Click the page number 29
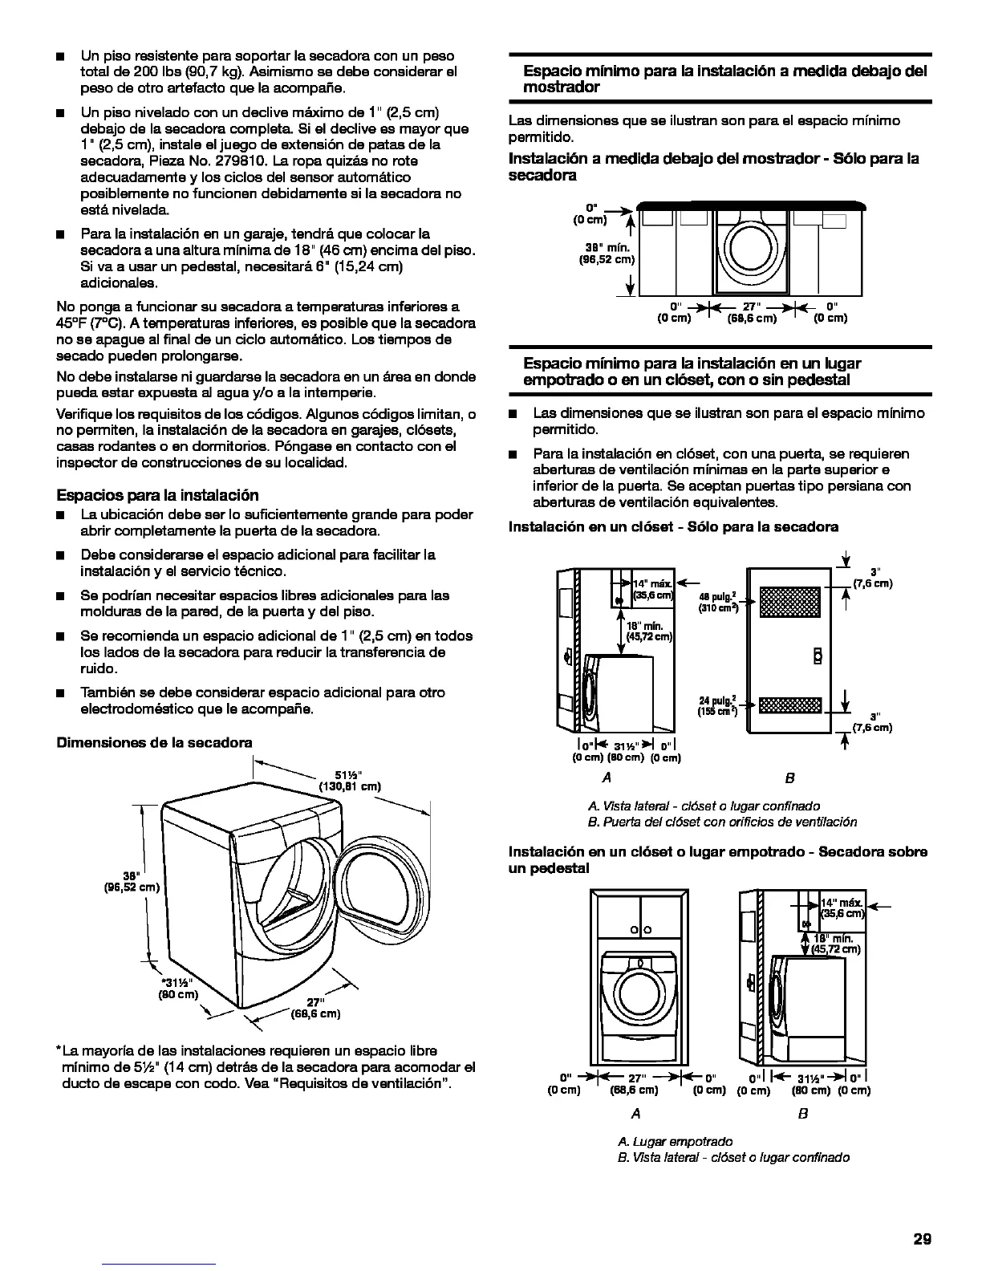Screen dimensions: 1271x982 coord(922,1238)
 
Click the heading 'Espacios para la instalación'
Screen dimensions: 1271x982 coord(157,494)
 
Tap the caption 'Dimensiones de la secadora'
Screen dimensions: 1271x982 coord(154,742)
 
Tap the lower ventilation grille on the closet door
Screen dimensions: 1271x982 coord(790,706)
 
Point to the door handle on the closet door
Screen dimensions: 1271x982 coord(818,656)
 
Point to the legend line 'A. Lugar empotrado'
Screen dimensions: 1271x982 coord(675,1141)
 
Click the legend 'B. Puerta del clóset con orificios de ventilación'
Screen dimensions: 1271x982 coord(722,822)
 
